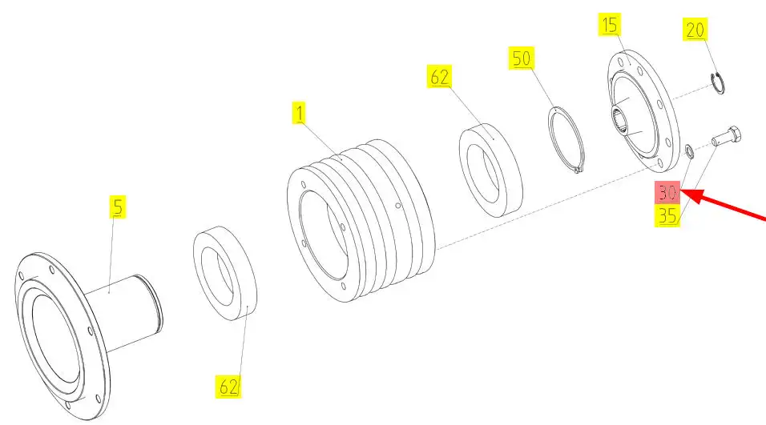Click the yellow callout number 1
pos(299,113)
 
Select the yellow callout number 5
pos(117,206)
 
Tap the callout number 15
pos(609,24)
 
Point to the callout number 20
pos(695,30)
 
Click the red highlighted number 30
pos(667,192)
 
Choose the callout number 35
pos(667,215)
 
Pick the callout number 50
pos(522,58)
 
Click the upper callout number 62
pos(439,77)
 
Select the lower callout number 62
pos(228,387)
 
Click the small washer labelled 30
pos(689,152)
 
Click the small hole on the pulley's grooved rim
pos(397,206)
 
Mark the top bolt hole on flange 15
pos(620,62)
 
